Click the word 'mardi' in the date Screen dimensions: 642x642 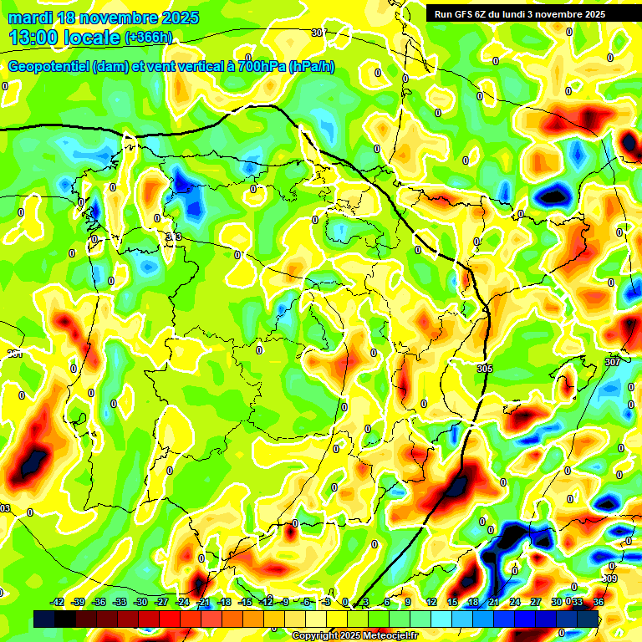pos(30,18)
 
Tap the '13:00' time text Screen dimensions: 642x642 pos(34,37)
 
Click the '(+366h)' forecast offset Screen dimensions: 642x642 pos(149,38)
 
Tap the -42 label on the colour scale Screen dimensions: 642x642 pos(58,602)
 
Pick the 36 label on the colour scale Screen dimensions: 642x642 pos(599,602)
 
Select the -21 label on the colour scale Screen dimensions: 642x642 pos(203,602)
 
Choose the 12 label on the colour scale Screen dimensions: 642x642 pos(431,602)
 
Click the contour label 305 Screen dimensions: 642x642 pos(485,368)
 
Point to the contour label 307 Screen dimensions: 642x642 pos(613,361)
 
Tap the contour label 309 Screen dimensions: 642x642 pos(609,578)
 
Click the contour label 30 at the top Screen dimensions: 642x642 pos(316,33)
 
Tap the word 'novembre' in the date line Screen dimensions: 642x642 pos(114,18)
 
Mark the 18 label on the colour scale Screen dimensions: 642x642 pos(473,602)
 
